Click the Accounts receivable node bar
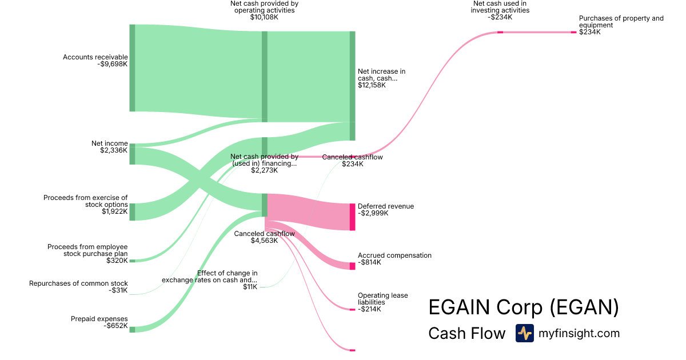[x=132, y=68]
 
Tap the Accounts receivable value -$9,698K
[x=113, y=64]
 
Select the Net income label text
[x=110, y=143]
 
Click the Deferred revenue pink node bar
[x=353, y=217]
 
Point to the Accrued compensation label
[x=394, y=255]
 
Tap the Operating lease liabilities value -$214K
[x=369, y=309]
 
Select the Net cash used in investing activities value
[x=500, y=17]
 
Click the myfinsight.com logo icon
[x=525, y=333]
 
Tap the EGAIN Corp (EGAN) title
[x=524, y=307]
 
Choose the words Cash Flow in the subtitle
[x=466, y=333]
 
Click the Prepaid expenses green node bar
[x=132, y=330]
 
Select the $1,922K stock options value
[x=114, y=211]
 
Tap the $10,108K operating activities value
[x=264, y=17]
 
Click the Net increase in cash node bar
[x=353, y=86]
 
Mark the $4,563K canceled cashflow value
[x=264, y=241]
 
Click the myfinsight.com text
[x=579, y=333]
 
